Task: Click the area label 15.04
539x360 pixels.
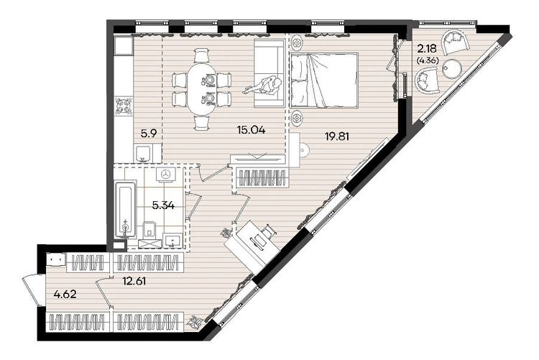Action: tap(251, 130)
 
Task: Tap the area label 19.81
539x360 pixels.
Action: tap(337, 137)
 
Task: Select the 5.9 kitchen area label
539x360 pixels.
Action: tap(149, 133)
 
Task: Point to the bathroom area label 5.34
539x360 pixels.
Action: tap(163, 206)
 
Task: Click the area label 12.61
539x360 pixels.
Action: tap(134, 281)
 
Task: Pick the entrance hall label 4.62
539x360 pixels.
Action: tap(65, 295)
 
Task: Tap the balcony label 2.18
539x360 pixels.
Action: tap(427, 48)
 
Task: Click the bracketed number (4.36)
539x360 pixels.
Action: tap(428, 61)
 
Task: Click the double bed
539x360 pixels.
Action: tap(324, 80)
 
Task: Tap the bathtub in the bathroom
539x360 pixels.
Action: tap(125, 209)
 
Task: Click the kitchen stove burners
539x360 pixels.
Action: tap(124, 106)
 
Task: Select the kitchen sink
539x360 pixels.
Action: tap(143, 153)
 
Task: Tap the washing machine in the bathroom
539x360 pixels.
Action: tap(167, 175)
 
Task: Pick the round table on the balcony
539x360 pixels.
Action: tap(452, 69)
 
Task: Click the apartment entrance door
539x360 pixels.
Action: tap(31, 290)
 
